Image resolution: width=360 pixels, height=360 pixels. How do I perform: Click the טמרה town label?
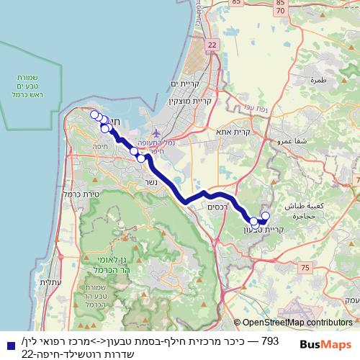click(318, 81)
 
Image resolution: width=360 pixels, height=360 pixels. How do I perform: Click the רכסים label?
click(217, 207)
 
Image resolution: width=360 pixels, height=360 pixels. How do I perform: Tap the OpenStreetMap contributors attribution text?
click(297, 323)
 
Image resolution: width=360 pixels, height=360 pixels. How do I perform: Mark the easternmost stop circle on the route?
click(265, 216)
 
